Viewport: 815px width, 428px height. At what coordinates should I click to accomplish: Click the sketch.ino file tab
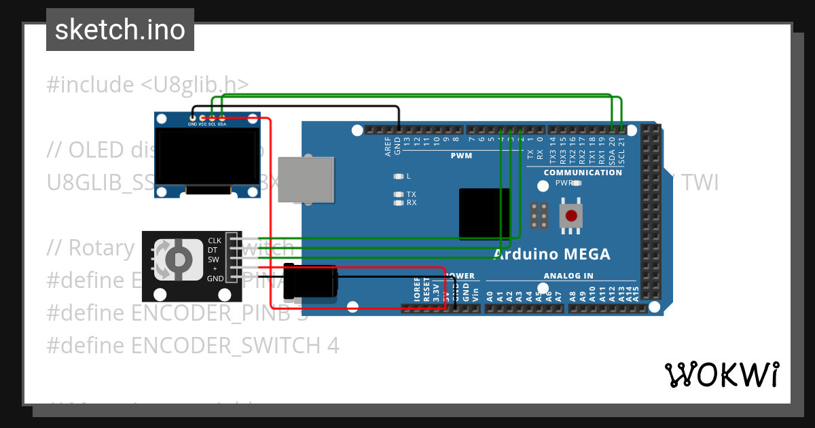coord(120,30)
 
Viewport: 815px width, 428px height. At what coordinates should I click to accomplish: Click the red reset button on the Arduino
coord(572,216)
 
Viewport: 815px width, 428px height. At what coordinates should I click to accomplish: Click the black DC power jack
coord(310,283)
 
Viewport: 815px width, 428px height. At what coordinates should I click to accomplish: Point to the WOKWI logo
coord(721,374)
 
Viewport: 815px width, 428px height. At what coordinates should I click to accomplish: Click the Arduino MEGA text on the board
coord(551,254)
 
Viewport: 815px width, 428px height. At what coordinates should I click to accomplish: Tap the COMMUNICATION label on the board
coord(583,173)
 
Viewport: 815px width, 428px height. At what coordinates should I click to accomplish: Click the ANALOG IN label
coord(568,276)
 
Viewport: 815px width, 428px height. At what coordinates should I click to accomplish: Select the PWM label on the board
coord(461,156)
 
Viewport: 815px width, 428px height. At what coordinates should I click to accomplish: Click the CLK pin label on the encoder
coord(215,240)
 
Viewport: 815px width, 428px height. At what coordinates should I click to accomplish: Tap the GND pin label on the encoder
coord(215,279)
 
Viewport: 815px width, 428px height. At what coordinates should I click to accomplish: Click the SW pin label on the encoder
coord(213,260)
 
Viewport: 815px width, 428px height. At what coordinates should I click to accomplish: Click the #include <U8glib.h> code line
coord(147,85)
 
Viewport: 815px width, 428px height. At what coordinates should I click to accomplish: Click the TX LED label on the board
coord(411,194)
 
